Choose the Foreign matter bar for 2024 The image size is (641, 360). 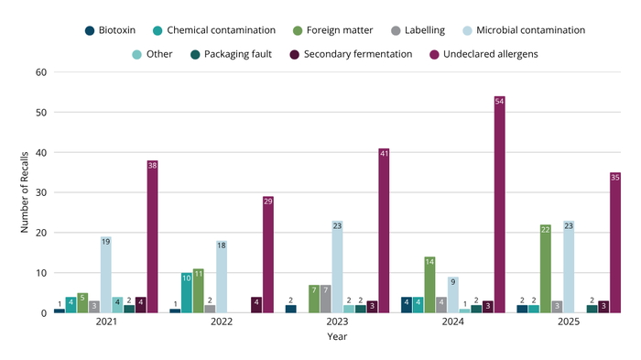click(x=429, y=285)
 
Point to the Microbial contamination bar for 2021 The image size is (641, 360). click(x=105, y=275)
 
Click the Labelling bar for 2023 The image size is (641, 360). click(x=325, y=299)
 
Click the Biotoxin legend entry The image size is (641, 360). click(x=117, y=29)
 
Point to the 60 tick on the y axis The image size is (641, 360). click(x=41, y=72)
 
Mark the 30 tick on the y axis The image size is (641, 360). click(x=41, y=192)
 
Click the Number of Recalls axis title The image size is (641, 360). click(x=25, y=192)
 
